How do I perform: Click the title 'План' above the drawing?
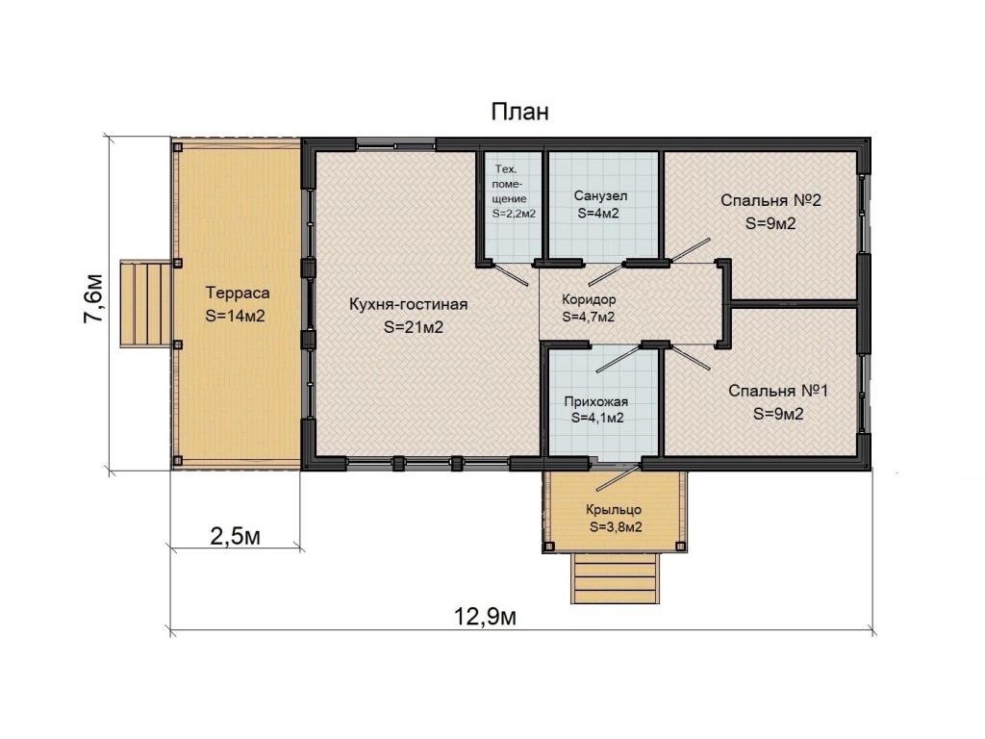point(519,112)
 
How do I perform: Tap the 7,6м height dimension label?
point(93,298)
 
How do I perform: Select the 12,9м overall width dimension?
point(485,617)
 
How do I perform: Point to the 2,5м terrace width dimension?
point(235,536)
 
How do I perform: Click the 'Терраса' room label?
point(238,293)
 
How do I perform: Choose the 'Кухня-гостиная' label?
point(408,304)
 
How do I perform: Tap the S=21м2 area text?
point(414,327)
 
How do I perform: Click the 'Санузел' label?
point(600,196)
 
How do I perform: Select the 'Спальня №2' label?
point(770,200)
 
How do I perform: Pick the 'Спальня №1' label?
point(778,391)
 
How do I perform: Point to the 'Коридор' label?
point(589,300)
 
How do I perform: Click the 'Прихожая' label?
point(595,401)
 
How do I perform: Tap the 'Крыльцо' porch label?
point(614,510)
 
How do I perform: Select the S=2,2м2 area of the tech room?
point(514,214)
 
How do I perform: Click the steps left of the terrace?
point(146,303)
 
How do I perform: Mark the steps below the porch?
point(615,578)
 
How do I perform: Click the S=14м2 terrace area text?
point(235,316)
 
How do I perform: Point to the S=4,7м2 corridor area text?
point(588,318)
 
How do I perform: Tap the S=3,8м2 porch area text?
point(616,527)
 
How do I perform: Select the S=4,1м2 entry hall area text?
point(597,419)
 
